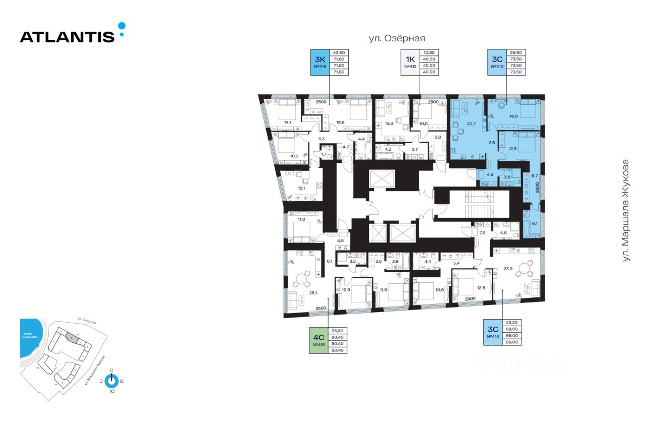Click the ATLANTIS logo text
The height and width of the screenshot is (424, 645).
(68, 36)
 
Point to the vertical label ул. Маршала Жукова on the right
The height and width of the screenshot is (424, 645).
(626, 210)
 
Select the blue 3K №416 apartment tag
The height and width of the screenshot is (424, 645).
(319, 63)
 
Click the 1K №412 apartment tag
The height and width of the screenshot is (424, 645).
(410, 63)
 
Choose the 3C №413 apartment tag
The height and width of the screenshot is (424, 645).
(496, 63)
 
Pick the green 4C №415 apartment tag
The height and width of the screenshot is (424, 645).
(318, 341)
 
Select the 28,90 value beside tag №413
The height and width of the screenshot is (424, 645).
(515, 52)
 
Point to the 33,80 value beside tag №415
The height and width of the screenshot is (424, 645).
(337, 331)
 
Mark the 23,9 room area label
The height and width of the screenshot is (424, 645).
(508, 268)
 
